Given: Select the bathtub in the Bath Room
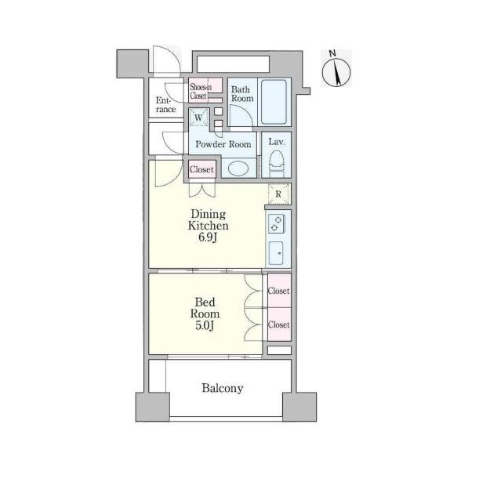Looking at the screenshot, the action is tap(274, 102).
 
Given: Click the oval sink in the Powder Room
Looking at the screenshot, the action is tap(238, 168).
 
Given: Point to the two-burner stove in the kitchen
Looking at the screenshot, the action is tap(276, 223).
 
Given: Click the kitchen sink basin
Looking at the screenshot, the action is tap(276, 253).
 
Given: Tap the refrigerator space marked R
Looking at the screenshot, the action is tap(278, 194).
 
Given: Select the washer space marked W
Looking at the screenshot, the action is tap(198, 118).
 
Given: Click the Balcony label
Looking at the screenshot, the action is tap(222, 388).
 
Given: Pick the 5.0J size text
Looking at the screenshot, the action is tap(205, 326).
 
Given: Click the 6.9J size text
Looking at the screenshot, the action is tap(208, 237).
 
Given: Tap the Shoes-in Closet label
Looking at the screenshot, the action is tap(201, 91).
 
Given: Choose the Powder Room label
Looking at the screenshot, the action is tap(223, 144).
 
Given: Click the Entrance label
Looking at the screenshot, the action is tap(165, 105).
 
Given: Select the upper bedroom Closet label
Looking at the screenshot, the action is tap(278, 291).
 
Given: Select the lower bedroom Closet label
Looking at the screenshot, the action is tap(278, 324).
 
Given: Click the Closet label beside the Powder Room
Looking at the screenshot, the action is tap(201, 169).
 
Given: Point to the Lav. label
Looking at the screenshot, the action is tap(277, 142).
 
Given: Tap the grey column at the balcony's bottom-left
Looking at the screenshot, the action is tap(153, 407).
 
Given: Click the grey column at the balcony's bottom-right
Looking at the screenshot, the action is tap(299, 407).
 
